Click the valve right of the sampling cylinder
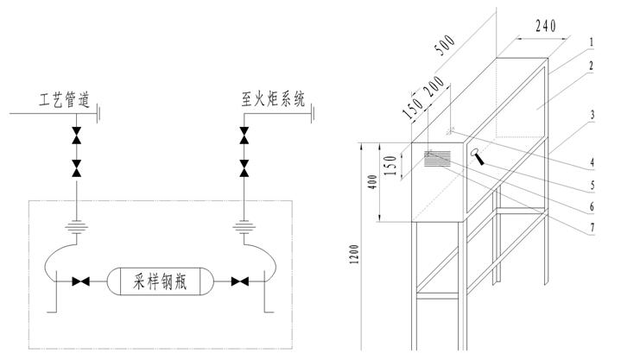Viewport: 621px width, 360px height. click(x=244, y=281)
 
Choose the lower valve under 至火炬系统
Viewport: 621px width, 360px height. click(x=244, y=167)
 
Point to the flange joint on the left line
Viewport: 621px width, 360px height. click(x=77, y=231)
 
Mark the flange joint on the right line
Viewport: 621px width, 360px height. click(x=244, y=231)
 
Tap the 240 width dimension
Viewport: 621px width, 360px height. click(x=545, y=26)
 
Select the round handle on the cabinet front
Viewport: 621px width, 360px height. click(x=476, y=155)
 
